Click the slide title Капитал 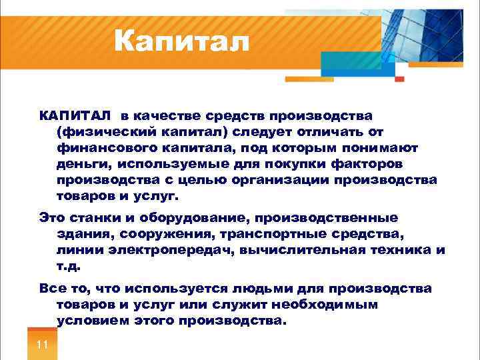(181, 42)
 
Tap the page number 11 (42, 345)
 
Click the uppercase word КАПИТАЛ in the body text (75, 117)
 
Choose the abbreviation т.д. (69, 266)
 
